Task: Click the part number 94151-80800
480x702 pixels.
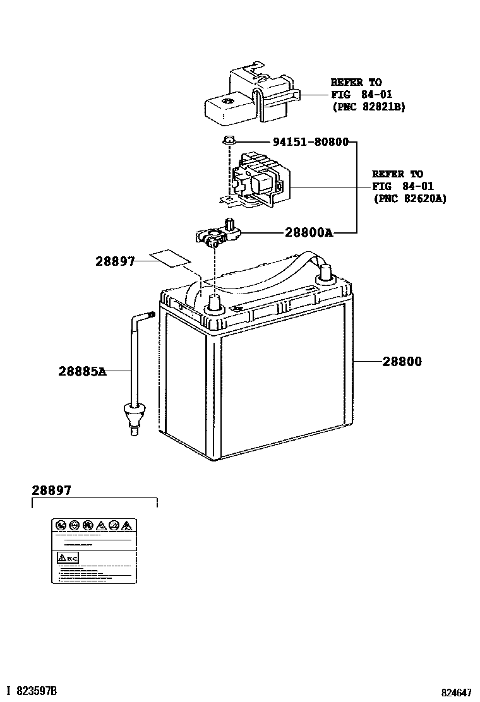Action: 310,142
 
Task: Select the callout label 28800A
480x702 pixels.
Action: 308,232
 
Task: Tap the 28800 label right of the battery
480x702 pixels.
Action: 402,362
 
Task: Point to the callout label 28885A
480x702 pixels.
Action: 82,372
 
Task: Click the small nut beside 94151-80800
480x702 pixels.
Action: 229,141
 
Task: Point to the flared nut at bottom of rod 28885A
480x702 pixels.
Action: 133,417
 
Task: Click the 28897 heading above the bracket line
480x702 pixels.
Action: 52,490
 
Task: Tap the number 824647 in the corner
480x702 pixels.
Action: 457,692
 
